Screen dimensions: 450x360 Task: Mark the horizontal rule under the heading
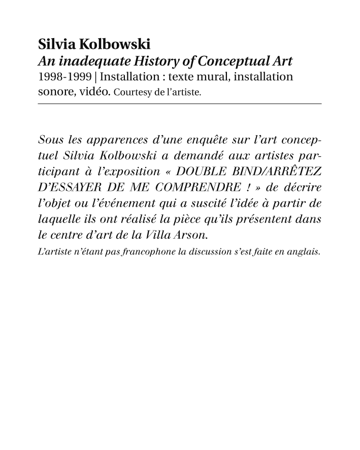click(180, 104)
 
